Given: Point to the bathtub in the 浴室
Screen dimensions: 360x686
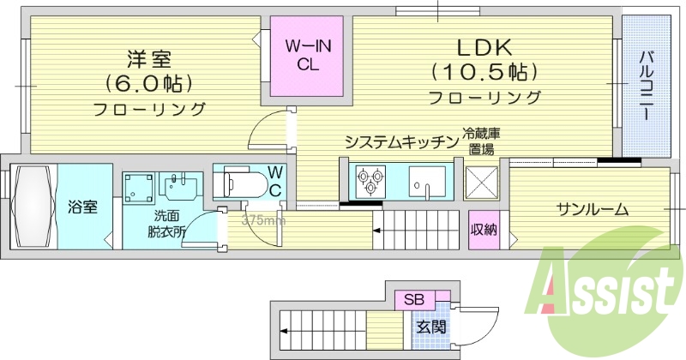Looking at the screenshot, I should (x=32, y=206).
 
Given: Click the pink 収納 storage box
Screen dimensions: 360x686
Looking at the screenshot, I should (x=484, y=230).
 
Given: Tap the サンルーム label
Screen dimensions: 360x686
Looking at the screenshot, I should (x=592, y=209).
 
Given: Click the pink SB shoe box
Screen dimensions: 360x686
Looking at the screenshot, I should (x=414, y=300).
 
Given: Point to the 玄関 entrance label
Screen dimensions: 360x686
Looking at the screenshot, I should (x=431, y=327).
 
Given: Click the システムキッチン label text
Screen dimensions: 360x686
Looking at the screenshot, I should (x=401, y=142).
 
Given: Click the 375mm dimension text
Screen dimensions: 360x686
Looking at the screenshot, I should (x=263, y=220).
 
